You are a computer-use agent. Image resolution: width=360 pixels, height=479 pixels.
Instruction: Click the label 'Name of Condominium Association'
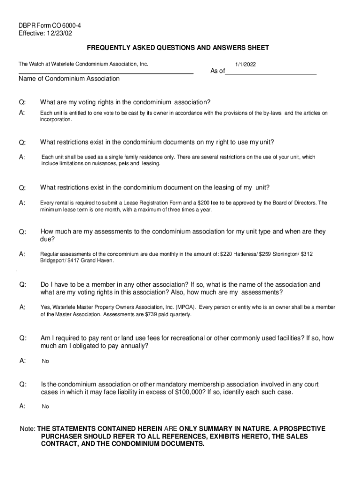tap(69, 79)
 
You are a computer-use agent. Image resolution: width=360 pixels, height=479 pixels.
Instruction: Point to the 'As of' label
tap(217, 71)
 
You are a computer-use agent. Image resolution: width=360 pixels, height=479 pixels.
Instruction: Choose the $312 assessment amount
tap(307, 254)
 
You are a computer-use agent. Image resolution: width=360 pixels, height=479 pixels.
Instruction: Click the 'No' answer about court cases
tap(45, 406)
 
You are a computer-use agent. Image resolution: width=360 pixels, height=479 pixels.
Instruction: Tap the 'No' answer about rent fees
tap(45, 361)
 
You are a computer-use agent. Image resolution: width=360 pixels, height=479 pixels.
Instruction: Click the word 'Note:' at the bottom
tap(27, 428)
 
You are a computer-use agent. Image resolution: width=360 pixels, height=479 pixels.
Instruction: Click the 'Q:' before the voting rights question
tap(22, 102)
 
